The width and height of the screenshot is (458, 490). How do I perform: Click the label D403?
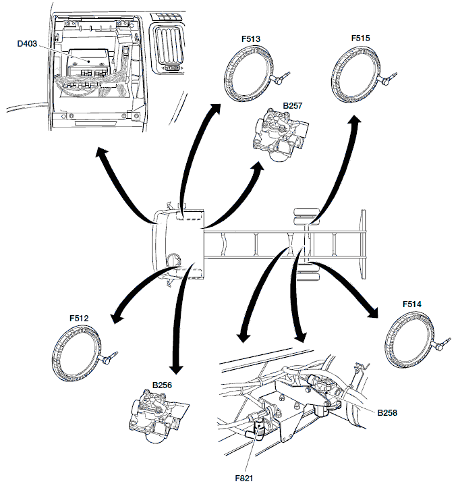point(26,46)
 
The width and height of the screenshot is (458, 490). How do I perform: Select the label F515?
point(361,40)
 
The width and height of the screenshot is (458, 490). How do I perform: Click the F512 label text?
point(79,317)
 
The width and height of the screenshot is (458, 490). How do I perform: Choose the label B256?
point(163,385)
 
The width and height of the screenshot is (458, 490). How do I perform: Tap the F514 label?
point(411,304)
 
